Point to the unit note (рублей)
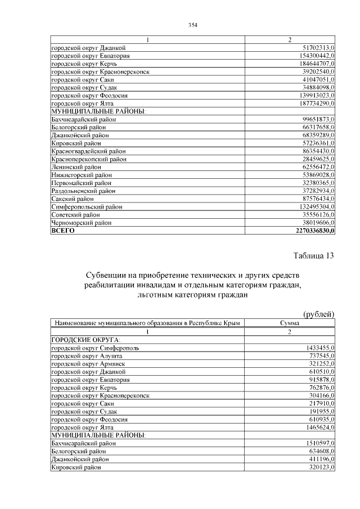tap(318, 314)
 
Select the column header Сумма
tap(290, 323)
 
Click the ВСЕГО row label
tap(63, 231)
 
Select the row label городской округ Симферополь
tap(94, 348)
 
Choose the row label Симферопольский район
tap(84, 207)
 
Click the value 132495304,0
tap(315, 207)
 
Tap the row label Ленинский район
tap(76, 167)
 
